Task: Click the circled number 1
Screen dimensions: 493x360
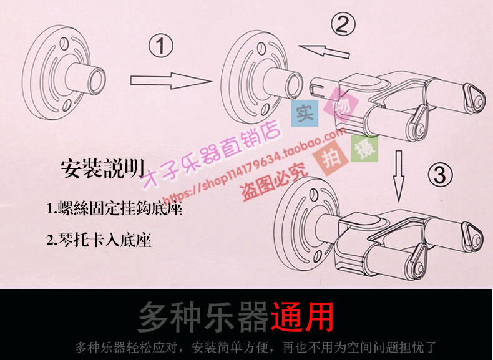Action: click(160, 46)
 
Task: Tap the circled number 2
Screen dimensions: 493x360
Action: click(343, 24)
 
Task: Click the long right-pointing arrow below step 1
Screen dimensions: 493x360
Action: click(171, 81)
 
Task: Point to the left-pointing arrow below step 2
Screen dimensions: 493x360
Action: click(324, 51)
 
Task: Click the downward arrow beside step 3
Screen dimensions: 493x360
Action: click(399, 176)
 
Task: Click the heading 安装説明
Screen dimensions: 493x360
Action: click(103, 169)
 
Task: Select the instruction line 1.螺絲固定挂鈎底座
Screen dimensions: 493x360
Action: click(114, 208)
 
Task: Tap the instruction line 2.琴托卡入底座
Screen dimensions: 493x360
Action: click(99, 240)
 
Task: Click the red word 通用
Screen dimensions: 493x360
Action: click(302, 317)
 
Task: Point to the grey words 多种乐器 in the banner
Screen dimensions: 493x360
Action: click(203, 317)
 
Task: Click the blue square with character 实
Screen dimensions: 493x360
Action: click(305, 113)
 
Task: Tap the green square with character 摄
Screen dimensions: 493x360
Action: click(364, 148)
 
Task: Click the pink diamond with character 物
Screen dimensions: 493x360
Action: click(343, 105)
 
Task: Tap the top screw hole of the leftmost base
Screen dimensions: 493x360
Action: click(64, 42)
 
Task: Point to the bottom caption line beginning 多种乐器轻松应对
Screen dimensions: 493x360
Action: click(255, 348)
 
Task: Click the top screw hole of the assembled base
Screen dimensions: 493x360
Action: click(313, 194)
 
